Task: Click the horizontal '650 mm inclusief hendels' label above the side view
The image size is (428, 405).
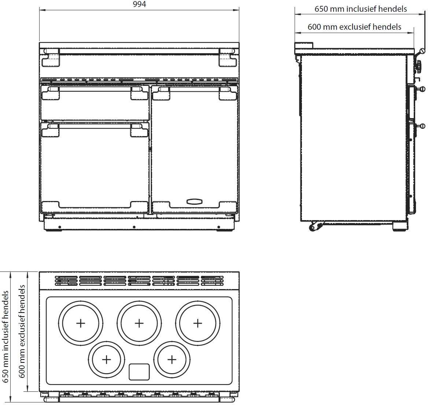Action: (x=361, y=9)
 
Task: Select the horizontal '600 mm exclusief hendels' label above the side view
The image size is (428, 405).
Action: (x=354, y=27)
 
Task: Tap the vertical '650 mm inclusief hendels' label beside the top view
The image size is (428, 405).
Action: (x=5, y=337)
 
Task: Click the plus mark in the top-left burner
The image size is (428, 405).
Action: (x=80, y=323)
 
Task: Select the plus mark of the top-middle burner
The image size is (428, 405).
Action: (x=139, y=323)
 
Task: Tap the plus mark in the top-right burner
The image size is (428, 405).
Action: (x=198, y=323)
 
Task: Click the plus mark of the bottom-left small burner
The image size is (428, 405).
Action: (x=106, y=360)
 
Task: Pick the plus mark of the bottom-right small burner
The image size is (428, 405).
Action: (x=172, y=360)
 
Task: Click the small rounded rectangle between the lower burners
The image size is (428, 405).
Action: (x=139, y=372)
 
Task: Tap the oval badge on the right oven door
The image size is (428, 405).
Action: (x=195, y=201)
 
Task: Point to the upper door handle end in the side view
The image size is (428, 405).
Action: (x=422, y=89)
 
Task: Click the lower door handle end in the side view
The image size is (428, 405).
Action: (x=422, y=126)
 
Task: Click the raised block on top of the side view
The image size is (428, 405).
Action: (x=304, y=45)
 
